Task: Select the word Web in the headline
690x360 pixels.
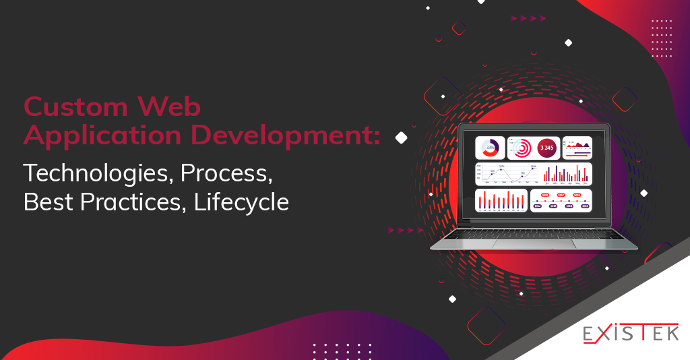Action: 169,107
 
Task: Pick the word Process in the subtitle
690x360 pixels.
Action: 227,173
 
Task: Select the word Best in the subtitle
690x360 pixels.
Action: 45,202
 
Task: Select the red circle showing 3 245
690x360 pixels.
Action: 546,147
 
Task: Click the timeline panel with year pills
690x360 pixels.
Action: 561,200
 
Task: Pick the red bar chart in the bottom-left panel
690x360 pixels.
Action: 501,200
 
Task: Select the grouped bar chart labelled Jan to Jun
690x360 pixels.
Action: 566,173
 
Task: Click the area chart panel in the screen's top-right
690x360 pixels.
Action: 577,147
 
